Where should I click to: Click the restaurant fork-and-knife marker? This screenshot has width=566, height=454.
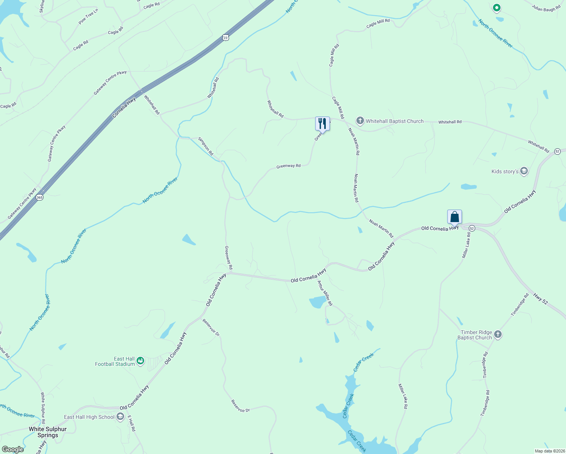pos(322,123)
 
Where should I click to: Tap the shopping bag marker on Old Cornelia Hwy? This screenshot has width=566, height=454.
pos(454,217)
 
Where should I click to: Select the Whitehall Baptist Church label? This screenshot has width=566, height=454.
pos(394,121)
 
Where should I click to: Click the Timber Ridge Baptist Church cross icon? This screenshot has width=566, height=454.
pos(498,334)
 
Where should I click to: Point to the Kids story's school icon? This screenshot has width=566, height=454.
pos(524,171)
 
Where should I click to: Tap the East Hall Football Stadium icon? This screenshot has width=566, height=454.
pos(140,361)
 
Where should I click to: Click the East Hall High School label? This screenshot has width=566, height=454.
pos(89,417)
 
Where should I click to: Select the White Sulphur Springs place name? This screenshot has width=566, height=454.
pos(48,432)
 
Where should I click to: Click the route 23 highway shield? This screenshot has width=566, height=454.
pos(226,37)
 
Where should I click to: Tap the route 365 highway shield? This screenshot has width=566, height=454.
pos(40,197)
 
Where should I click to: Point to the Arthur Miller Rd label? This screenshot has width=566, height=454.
pos(325,293)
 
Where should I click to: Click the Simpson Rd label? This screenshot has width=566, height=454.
pos(206,146)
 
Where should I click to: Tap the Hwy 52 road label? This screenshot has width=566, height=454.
pos(540,299)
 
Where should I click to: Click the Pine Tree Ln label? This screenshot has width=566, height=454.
pos(88,17)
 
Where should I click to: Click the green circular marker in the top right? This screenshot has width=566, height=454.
pos(497,8)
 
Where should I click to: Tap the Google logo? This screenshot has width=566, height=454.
pos(12,449)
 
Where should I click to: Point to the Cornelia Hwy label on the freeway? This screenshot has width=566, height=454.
pos(124,108)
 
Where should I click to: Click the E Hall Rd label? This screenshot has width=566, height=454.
pos(131,424)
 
